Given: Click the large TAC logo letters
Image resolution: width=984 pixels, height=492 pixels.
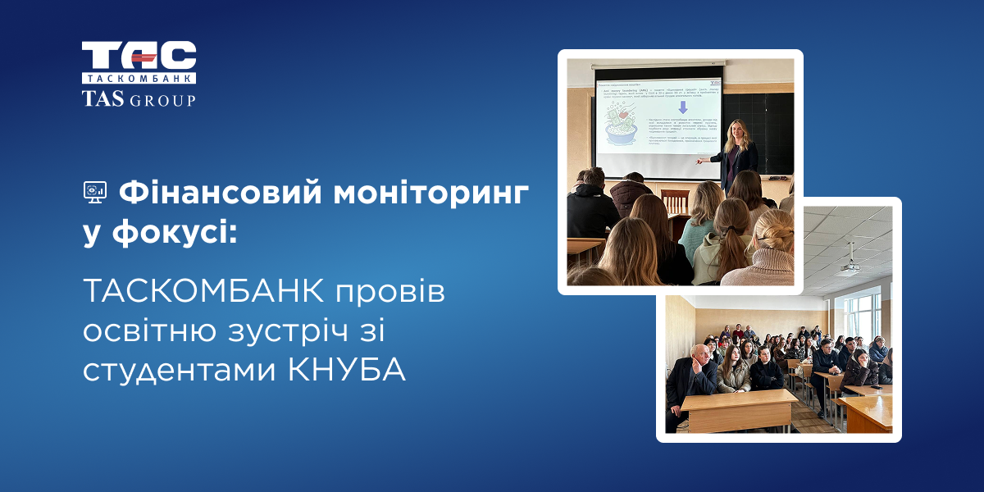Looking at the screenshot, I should click(139, 56).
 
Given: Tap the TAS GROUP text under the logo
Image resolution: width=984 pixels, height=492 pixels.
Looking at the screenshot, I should click(139, 99).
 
